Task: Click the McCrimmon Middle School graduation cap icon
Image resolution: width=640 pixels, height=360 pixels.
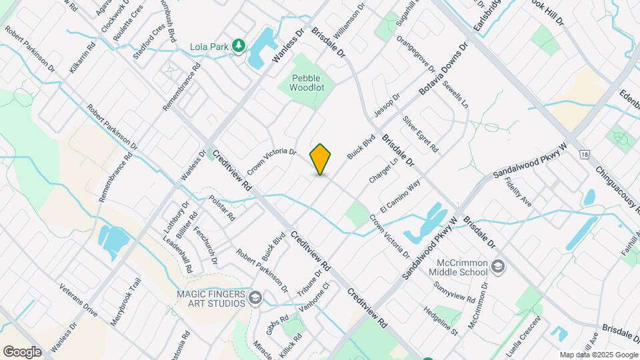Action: pos(498,267)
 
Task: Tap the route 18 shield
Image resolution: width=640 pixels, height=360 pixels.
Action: pos(585,154)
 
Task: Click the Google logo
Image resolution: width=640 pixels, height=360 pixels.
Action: pos(22,351)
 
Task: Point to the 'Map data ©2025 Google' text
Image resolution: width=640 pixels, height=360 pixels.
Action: pos(598,355)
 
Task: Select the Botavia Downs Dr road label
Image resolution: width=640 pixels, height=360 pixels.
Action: pos(443,69)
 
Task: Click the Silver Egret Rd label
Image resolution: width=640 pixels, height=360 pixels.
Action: pos(420,133)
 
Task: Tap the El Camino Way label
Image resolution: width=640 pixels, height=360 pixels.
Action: pos(400,194)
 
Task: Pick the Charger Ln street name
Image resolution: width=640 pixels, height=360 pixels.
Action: pos(383,171)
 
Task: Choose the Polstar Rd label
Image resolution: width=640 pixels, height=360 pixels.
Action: pos(222,208)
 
